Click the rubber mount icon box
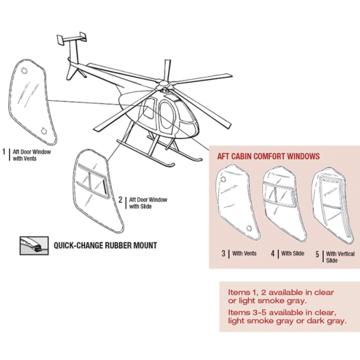pyautogui.click(x=34, y=245)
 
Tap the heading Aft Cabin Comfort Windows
pyautogui.click(x=268, y=156)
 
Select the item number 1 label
pyautogui.click(x=3, y=152)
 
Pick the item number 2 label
pyautogui.click(x=120, y=200)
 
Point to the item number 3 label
pyautogui.click(x=224, y=254)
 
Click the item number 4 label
pyautogui.click(x=272, y=254)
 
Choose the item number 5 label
pyautogui.click(x=317, y=254)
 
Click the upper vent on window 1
pyautogui.click(x=24, y=71)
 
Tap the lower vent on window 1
pyautogui.click(x=43, y=131)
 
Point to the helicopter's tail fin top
pyautogui.click(x=71, y=38)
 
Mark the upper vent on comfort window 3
pyautogui.click(x=223, y=179)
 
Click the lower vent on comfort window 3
pyautogui.click(x=249, y=228)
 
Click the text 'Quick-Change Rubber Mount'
pyautogui.click(x=106, y=245)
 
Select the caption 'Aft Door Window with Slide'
pyautogui.click(x=148, y=203)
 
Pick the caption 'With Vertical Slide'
pyautogui.click(x=340, y=257)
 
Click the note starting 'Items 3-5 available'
pyautogui.click(x=287, y=317)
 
